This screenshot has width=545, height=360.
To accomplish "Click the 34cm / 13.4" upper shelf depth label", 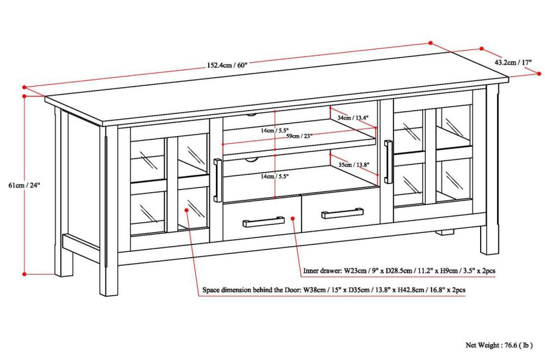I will pos(353,117).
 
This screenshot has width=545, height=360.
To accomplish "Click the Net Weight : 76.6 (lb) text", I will pos(498,345).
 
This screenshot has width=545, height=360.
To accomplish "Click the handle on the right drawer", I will pos(342,212).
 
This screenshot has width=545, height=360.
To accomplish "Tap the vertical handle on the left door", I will pos(217,180).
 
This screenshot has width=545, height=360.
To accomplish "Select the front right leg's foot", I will pos(489,246).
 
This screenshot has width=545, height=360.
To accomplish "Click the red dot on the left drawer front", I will pos(293,219).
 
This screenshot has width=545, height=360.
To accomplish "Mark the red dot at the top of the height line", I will pos(24,96).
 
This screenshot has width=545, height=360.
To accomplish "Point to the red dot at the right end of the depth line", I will pos(537,72).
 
